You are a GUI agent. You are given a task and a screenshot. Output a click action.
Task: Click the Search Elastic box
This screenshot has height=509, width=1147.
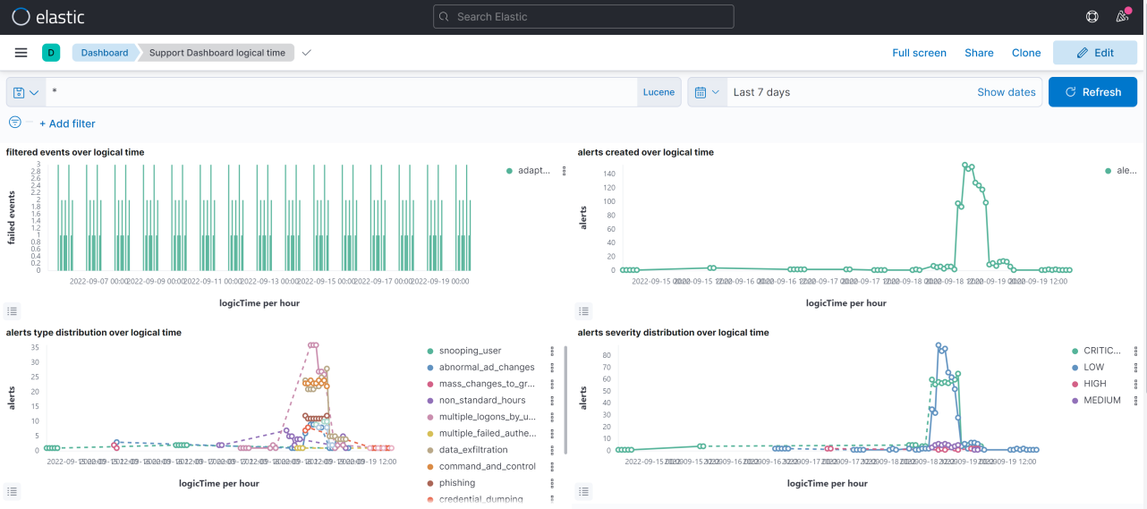coord(583,16)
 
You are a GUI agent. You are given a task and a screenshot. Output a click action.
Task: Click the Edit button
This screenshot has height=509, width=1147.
coord(1094,53)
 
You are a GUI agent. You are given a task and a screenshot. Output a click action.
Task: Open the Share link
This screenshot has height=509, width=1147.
coord(979,53)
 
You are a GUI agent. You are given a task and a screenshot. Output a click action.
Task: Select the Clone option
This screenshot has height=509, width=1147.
coord(1026,53)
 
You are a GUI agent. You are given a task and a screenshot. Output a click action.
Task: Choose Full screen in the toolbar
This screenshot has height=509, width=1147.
coord(919,53)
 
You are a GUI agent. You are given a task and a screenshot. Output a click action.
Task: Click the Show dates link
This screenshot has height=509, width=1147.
coord(1007,92)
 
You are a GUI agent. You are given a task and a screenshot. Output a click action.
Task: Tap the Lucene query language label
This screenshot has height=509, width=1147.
coord(658,92)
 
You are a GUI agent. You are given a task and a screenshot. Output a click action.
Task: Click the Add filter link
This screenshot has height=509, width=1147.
coord(67,123)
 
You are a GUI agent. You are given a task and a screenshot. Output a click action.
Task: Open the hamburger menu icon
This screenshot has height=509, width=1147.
coord(21,53)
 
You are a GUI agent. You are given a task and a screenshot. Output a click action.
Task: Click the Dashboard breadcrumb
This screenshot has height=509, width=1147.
coord(105,53)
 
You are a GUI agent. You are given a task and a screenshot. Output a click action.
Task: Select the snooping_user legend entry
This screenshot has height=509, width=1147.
coord(470,351)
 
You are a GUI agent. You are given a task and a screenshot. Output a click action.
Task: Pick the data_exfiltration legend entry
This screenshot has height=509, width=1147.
coord(473,450)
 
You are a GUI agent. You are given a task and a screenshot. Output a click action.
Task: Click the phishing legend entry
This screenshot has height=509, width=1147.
coord(457,483)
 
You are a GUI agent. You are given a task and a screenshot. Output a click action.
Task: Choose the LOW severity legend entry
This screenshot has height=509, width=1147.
coord(1093,367)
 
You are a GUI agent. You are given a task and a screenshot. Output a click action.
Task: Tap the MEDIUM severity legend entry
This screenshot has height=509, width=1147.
coord(1101,400)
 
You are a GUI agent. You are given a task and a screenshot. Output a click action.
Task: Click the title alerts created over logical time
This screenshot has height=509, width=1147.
coord(646,152)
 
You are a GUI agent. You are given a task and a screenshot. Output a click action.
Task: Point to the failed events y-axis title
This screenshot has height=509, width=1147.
coord(12,217)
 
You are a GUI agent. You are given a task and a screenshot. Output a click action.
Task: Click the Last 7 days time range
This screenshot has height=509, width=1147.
coord(761,92)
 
